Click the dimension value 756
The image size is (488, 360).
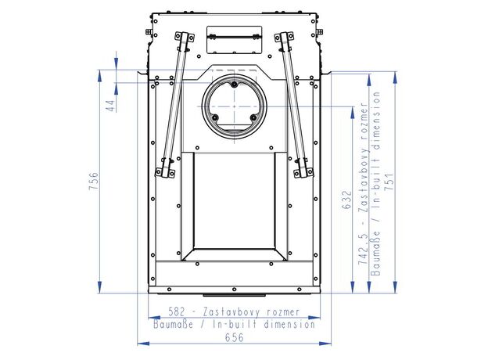[94, 181]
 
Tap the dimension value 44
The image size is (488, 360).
[111, 106]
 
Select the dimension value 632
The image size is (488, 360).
[346, 200]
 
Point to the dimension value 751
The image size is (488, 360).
[389, 182]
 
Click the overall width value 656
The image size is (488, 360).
[234, 337]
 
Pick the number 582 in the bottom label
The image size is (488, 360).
[177, 311]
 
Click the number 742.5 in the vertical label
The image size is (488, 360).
[363, 248]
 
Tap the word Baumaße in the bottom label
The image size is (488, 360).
[173, 325]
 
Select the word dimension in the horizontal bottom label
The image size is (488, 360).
[289, 325]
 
